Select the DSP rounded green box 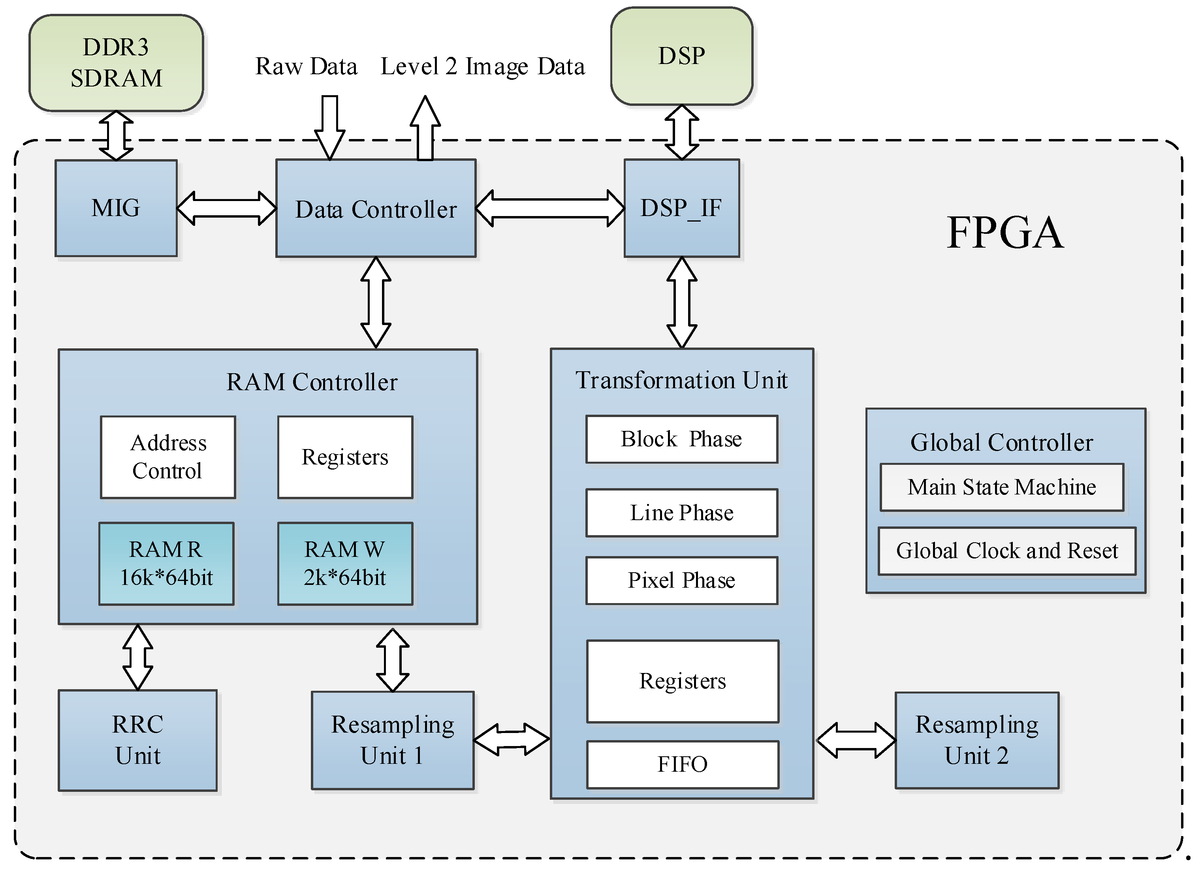(x=681, y=56)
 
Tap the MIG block (x=116, y=208)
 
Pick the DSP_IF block (x=681, y=208)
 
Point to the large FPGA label (x=1005, y=233)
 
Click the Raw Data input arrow (x=330, y=127)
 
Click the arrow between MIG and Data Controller (x=226, y=208)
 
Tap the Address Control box (x=168, y=457)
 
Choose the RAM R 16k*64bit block (x=166, y=564)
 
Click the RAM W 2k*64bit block (x=345, y=564)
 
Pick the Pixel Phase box (x=681, y=581)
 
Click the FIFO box (x=683, y=764)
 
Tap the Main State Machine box (x=1002, y=487)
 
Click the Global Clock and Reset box (x=1006, y=551)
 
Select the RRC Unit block (x=138, y=740)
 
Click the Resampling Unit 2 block (x=977, y=740)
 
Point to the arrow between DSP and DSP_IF (x=681, y=133)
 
